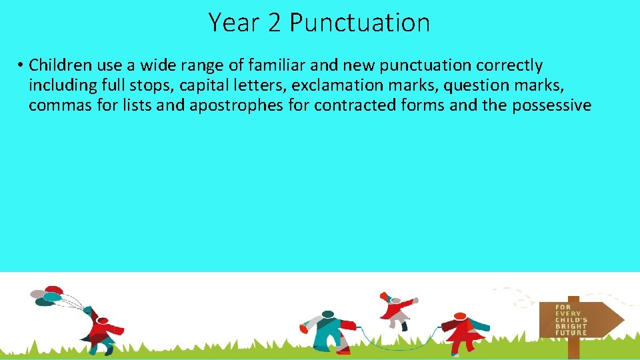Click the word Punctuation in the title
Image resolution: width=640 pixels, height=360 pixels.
pyautogui.click(x=359, y=23)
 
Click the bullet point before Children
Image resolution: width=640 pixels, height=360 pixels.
pyautogui.click(x=21, y=65)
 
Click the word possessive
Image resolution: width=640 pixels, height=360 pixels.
pyautogui.click(x=551, y=105)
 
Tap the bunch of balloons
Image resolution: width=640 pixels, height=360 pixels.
pyautogui.click(x=48, y=296)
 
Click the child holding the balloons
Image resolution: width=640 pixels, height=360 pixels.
pyautogui.click(x=102, y=329)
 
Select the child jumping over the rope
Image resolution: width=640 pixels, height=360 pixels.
pyautogui.click(x=396, y=309)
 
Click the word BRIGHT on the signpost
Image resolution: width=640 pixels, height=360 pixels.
pyautogui.click(x=571, y=326)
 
